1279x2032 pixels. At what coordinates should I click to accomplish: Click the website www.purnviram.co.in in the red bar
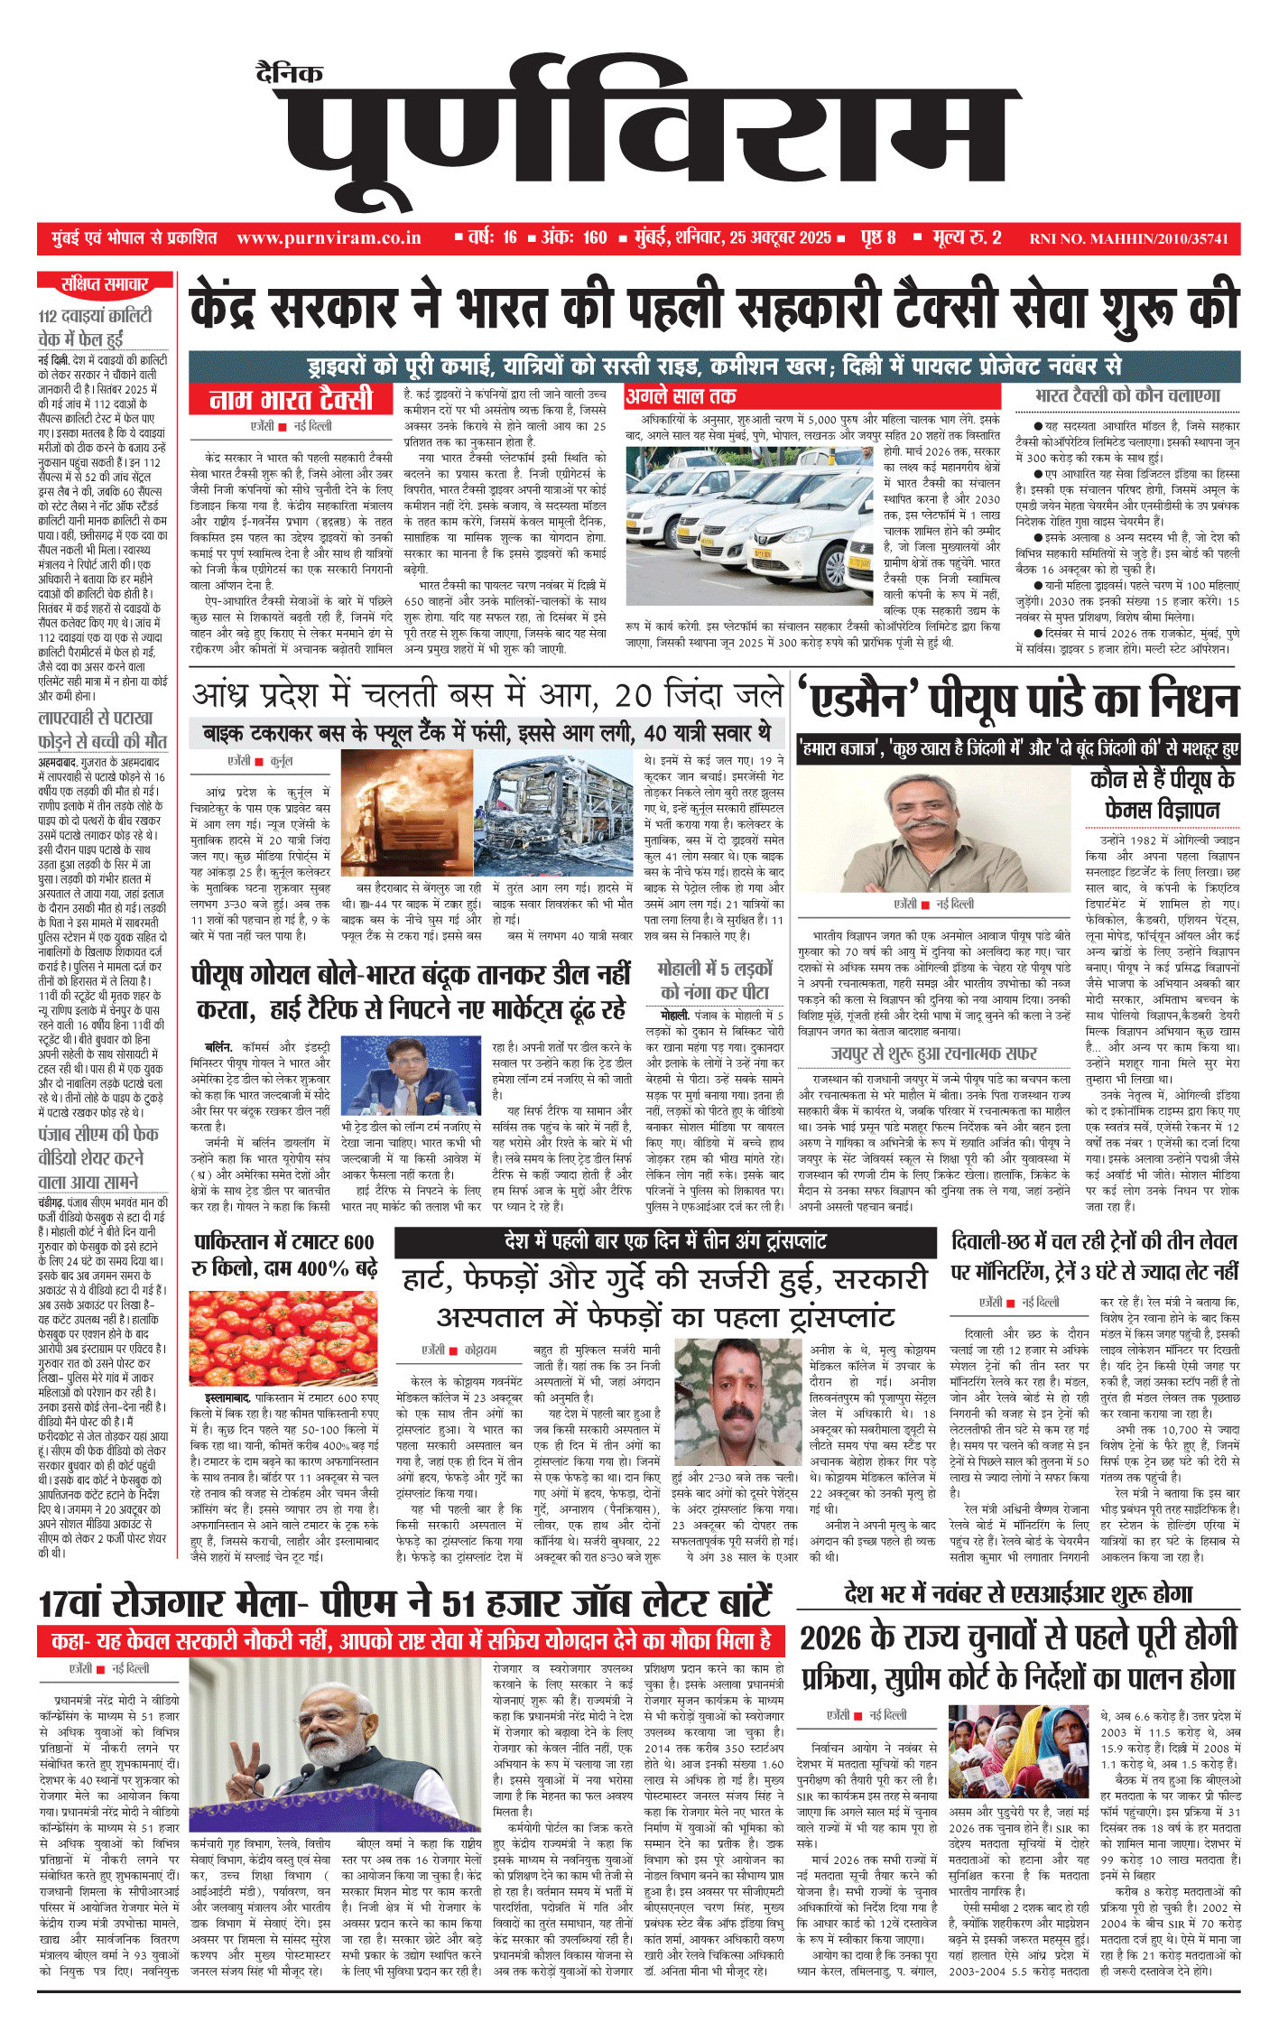329,238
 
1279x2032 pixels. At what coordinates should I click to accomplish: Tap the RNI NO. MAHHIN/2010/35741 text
1128,239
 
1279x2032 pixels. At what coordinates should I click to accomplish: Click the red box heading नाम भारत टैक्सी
291,398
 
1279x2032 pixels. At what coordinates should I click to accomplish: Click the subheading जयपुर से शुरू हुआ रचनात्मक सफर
934,1053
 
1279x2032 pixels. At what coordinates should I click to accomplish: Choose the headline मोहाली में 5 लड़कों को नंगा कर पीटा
715,980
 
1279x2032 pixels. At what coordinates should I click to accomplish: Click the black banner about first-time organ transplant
665,1241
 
